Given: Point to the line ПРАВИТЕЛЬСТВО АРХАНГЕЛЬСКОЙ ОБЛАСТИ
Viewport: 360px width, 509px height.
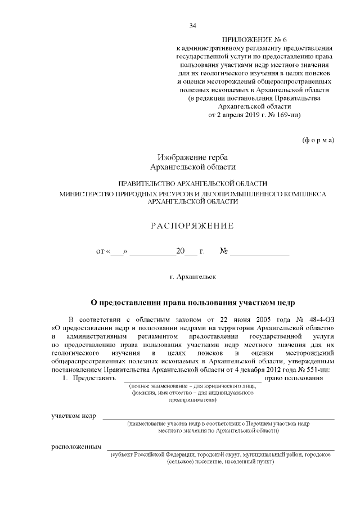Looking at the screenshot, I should click(192, 184).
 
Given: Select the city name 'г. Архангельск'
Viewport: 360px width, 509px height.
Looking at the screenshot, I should click(191, 277).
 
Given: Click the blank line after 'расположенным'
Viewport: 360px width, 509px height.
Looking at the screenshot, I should click(220, 448).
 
